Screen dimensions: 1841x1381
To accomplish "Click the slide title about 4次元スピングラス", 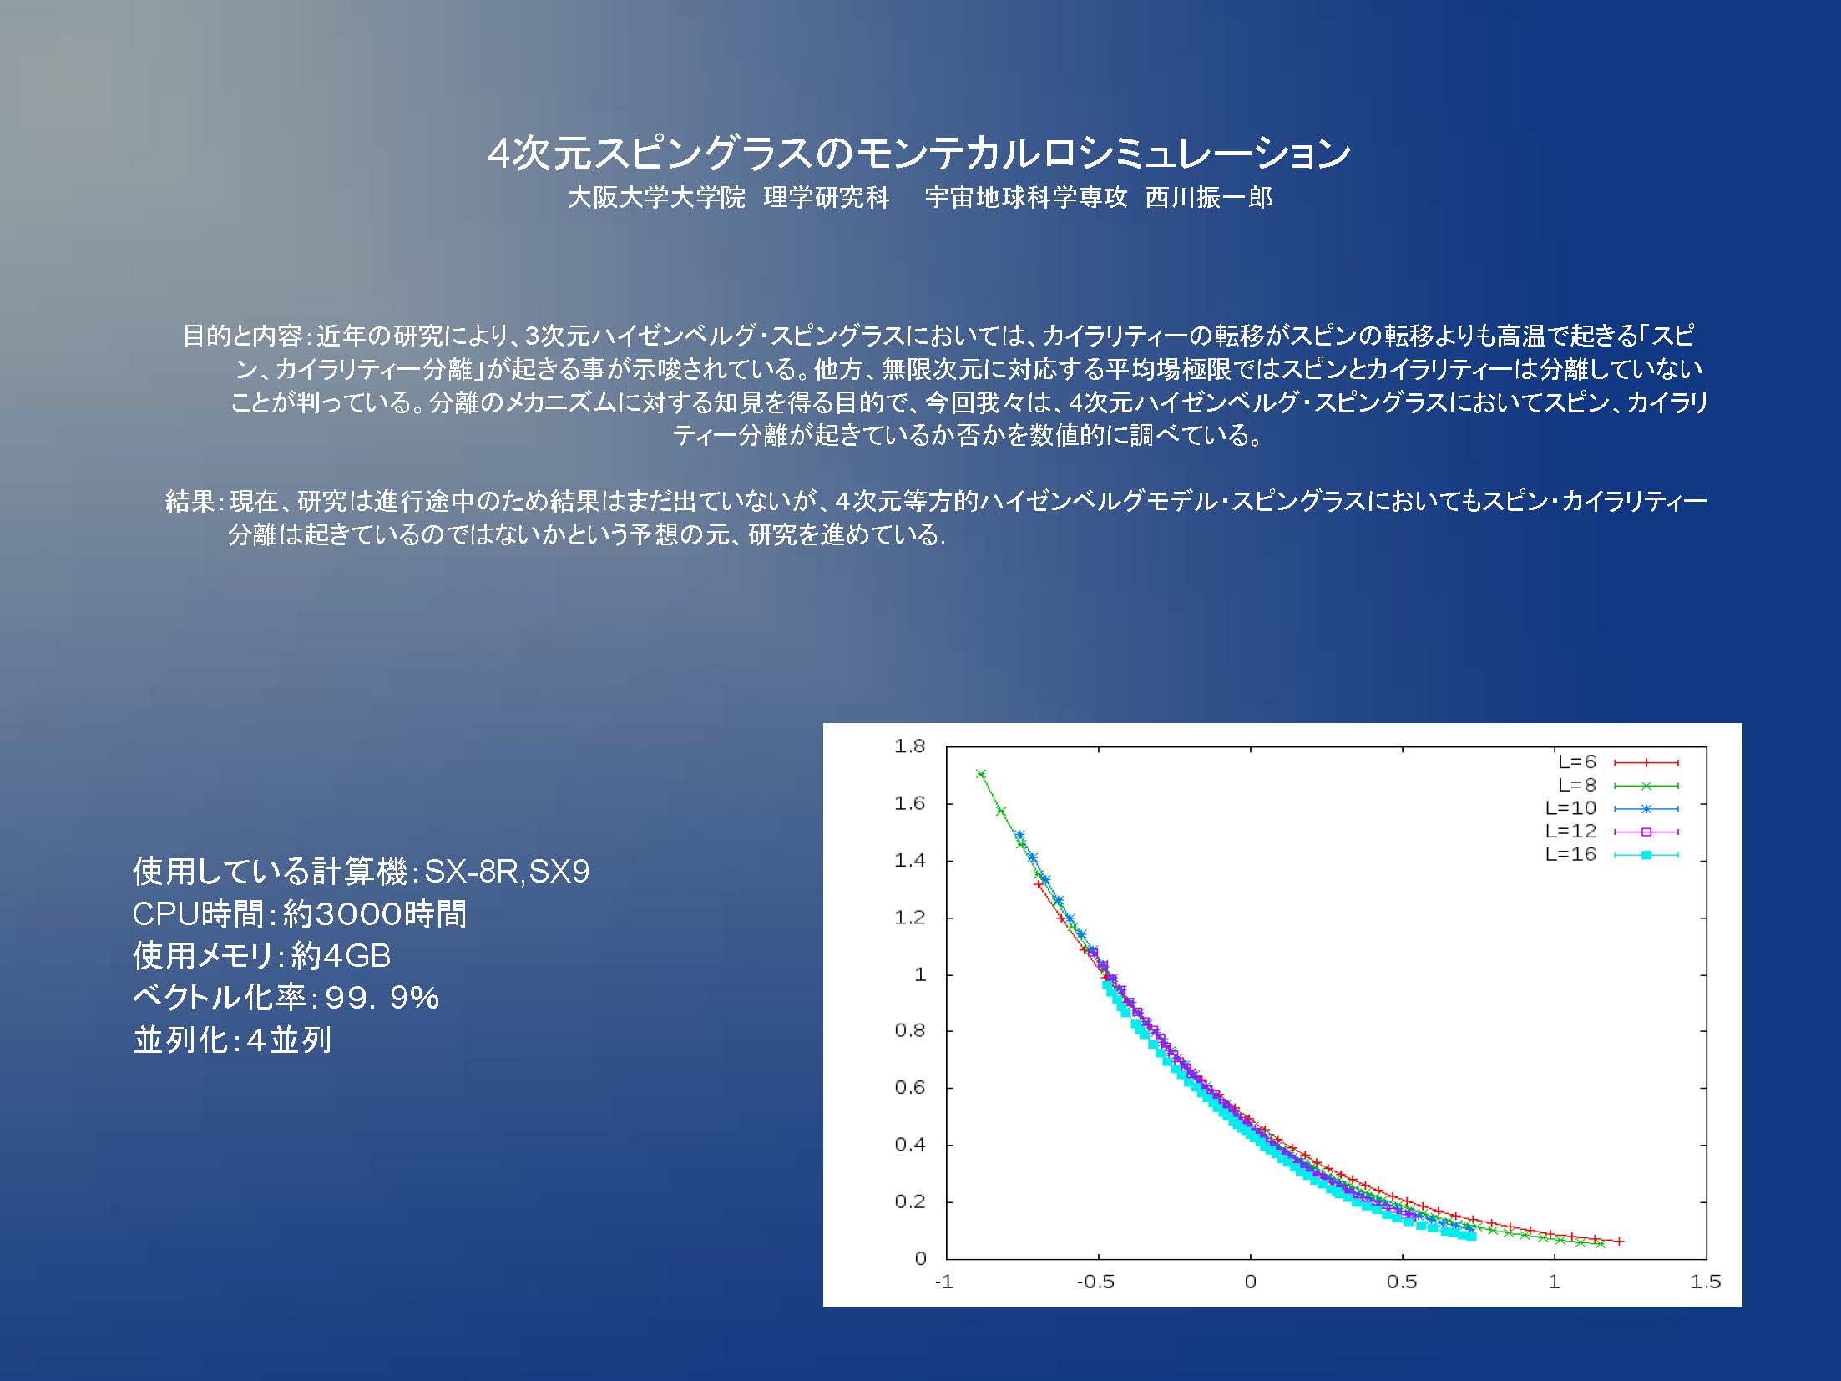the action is (919, 153).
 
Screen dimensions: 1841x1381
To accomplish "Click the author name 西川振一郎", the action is (1209, 198).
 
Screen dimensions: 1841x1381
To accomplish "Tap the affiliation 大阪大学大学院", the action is (656, 198).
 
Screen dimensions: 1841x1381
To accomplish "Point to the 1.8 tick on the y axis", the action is (910, 746).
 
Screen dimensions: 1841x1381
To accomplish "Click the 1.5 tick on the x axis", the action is (1706, 1282).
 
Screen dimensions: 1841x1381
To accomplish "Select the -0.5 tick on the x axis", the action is (1095, 1282).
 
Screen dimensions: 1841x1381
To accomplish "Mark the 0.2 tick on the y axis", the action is (910, 1201).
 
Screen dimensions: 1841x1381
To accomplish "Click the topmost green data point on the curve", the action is (981, 774).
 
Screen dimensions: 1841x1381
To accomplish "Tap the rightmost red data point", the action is (1619, 1242).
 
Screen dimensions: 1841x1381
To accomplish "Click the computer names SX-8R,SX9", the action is (508, 872).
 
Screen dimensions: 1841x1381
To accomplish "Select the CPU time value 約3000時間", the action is (375, 914).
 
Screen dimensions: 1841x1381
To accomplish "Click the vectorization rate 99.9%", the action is (382, 998).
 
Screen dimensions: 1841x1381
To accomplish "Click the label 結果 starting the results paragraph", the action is (191, 501).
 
